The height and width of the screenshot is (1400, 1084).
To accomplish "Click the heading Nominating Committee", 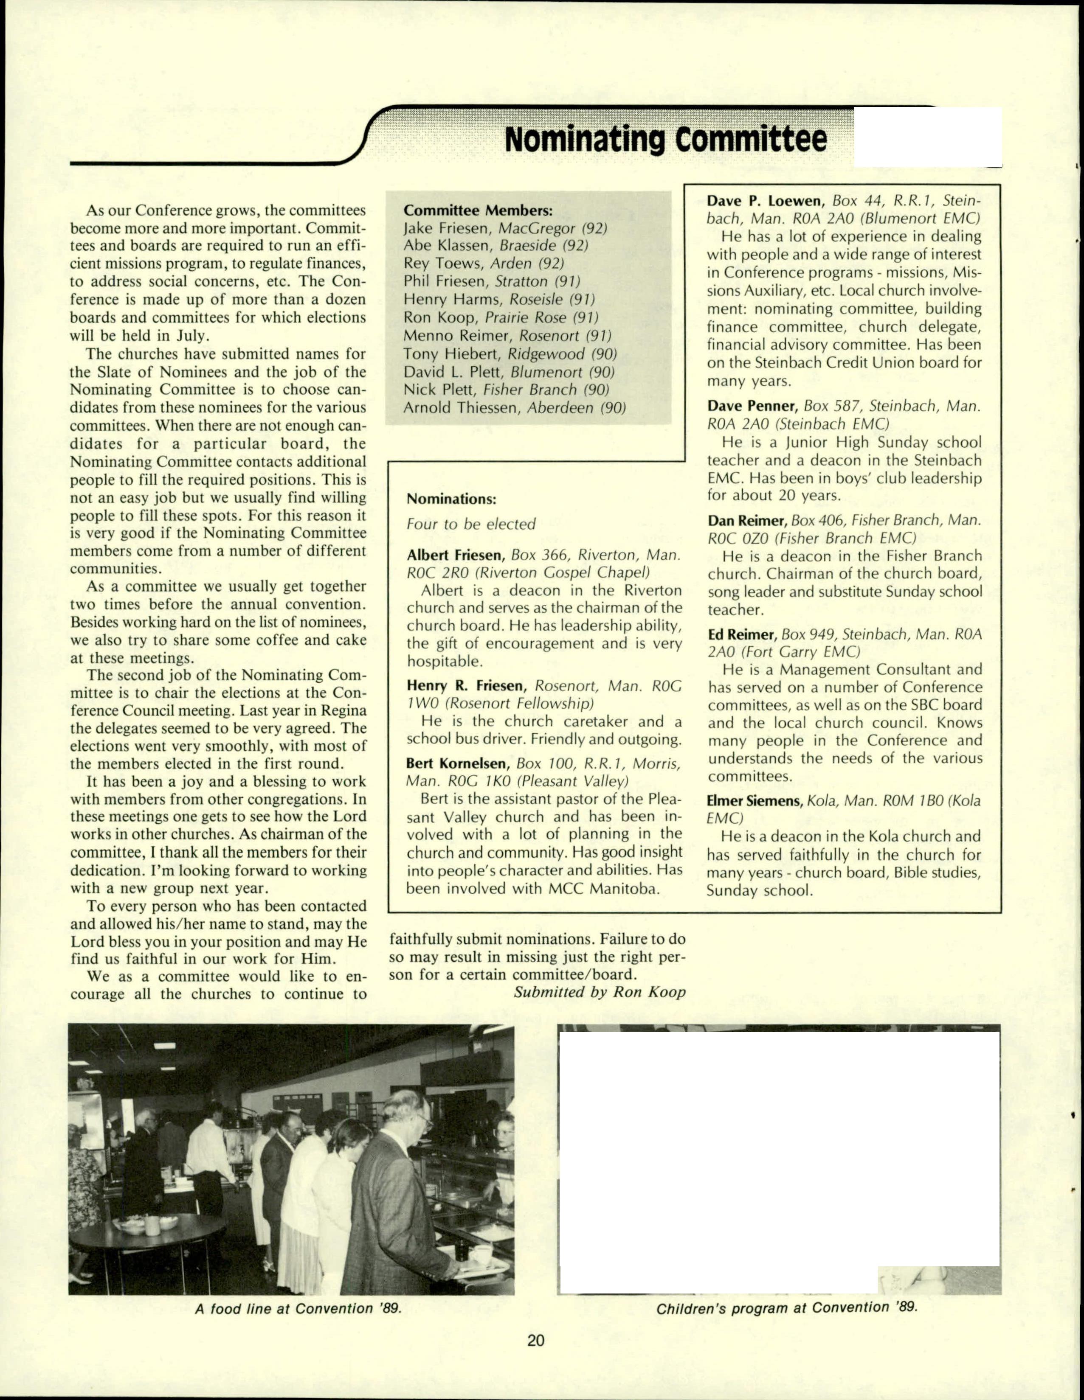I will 665,139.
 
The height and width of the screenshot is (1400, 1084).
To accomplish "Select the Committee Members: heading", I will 478,210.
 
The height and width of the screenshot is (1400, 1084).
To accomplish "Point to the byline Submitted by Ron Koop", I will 599,992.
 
